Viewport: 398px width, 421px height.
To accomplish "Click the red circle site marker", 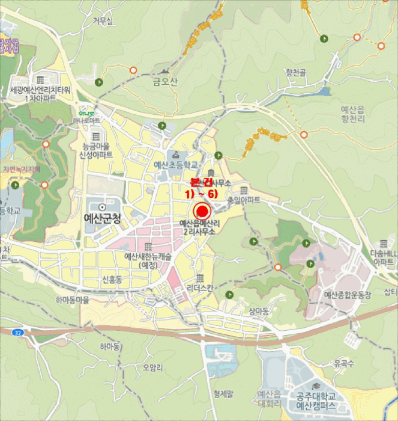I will pyautogui.click(x=202, y=211).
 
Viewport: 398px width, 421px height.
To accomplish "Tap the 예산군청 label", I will pyautogui.click(x=101, y=218).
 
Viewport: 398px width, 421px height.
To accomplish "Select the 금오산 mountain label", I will pyautogui.click(x=166, y=82).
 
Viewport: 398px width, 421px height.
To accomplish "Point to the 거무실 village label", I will pyautogui.click(x=103, y=21).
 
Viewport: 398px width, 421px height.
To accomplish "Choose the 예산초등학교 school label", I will pyautogui.click(x=176, y=165).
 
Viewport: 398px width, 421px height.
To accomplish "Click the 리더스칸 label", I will pyautogui.click(x=200, y=288).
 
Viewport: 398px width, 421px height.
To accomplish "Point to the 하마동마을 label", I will pyautogui.click(x=72, y=300).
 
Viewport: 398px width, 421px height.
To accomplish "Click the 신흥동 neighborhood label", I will pyautogui.click(x=112, y=280).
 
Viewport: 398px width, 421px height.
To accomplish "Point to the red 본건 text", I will pyautogui.click(x=202, y=182).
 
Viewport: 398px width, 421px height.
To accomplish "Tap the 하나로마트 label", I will pyautogui.click(x=87, y=120).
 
